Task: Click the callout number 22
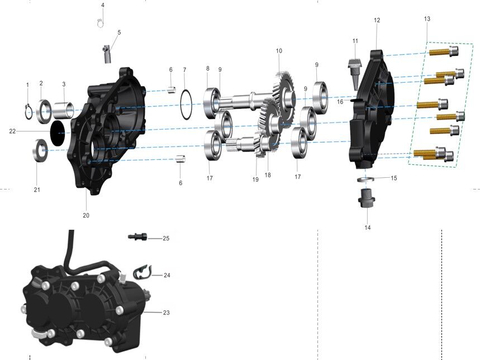click(x=12, y=131)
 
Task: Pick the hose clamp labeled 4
click(x=101, y=22)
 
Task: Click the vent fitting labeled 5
click(x=107, y=54)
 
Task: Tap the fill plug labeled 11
click(x=355, y=73)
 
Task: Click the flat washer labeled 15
click(x=365, y=179)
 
